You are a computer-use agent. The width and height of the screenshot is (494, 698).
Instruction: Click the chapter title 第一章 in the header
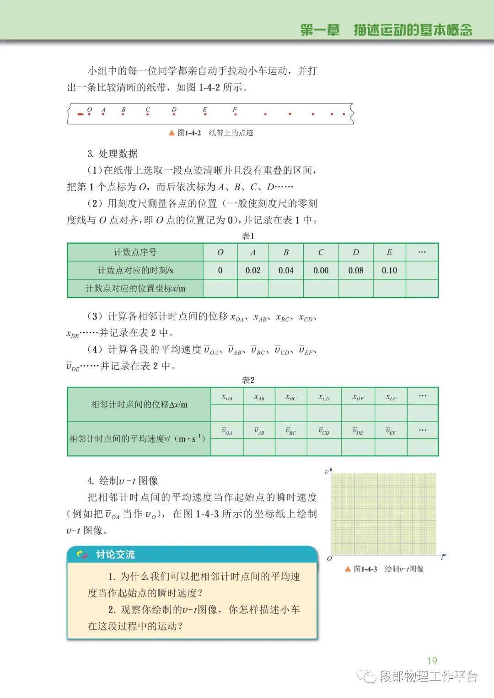click(x=320, y=30)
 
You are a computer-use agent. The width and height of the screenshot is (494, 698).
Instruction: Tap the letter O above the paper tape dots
click(x=90, y=109)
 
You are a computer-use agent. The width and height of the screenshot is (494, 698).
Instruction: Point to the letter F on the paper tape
click(x=235, y=109)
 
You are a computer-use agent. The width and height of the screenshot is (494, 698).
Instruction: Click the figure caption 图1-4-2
click(x=189, y=133)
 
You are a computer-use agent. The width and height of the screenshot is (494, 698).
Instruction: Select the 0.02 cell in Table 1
click(x=253, y=270)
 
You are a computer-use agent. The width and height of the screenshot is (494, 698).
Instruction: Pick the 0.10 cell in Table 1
click(x=389, y=270)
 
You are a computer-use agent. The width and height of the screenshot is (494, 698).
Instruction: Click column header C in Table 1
click(x=321, y=252)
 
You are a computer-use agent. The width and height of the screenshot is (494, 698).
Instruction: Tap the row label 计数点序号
click(x=135, y=252)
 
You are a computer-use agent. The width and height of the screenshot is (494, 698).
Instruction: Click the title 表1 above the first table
click(x=248, y=236)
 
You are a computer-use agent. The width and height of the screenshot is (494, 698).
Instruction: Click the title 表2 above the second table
click(x=248, y=380)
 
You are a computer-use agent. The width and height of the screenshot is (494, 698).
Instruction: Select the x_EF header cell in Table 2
click(x=391, y=397)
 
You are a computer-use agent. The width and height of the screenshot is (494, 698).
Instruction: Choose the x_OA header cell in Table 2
click(x=227, y=397)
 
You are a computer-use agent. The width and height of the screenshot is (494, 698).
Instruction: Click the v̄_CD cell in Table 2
click(x=324, y=431)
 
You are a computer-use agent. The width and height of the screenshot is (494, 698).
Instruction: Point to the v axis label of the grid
click(x=327, y=471)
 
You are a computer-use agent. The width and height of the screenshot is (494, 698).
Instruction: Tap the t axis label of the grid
click(x=442, y=558)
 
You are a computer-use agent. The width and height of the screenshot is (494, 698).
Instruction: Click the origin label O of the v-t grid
click(x=329, y=559)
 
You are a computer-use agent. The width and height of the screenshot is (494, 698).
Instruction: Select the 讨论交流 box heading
click(x=115, y=555)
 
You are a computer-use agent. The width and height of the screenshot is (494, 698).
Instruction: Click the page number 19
click(x=432, y=661)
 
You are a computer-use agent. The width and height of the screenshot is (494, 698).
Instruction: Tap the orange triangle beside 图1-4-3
click(x=348, y=569)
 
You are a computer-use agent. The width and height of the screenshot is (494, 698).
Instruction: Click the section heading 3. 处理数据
click(x=113, y=154)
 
